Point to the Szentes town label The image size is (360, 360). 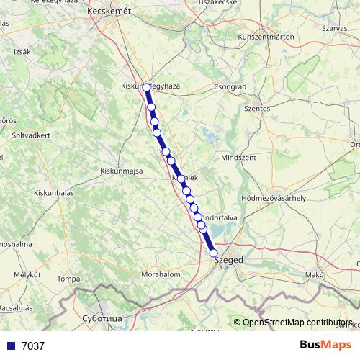[x=257, y=108]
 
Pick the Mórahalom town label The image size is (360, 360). [x=160, y=275]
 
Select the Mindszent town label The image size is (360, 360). [x=238, y=156]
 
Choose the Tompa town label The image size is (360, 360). [x=68, y=278]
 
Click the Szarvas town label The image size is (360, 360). [x=335, y=28]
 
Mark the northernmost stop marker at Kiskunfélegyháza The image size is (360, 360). [x=147, y=87]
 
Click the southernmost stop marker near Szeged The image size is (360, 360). [x=213, y=253]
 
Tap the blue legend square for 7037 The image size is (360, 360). [x=10, y=346]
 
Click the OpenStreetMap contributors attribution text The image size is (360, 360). [x=298, y=323]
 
